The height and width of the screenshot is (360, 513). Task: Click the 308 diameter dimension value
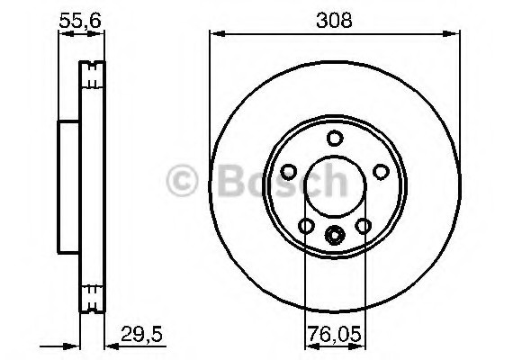coord(334,17)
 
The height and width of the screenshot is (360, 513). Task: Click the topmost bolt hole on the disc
coord(334,138)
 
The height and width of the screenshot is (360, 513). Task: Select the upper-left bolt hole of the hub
coord(289,171)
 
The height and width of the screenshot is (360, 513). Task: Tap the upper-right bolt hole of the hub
coord(379,171)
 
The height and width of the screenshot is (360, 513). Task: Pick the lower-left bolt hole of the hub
coord(306,225)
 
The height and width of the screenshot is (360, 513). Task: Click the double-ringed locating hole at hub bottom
coord(334,238)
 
